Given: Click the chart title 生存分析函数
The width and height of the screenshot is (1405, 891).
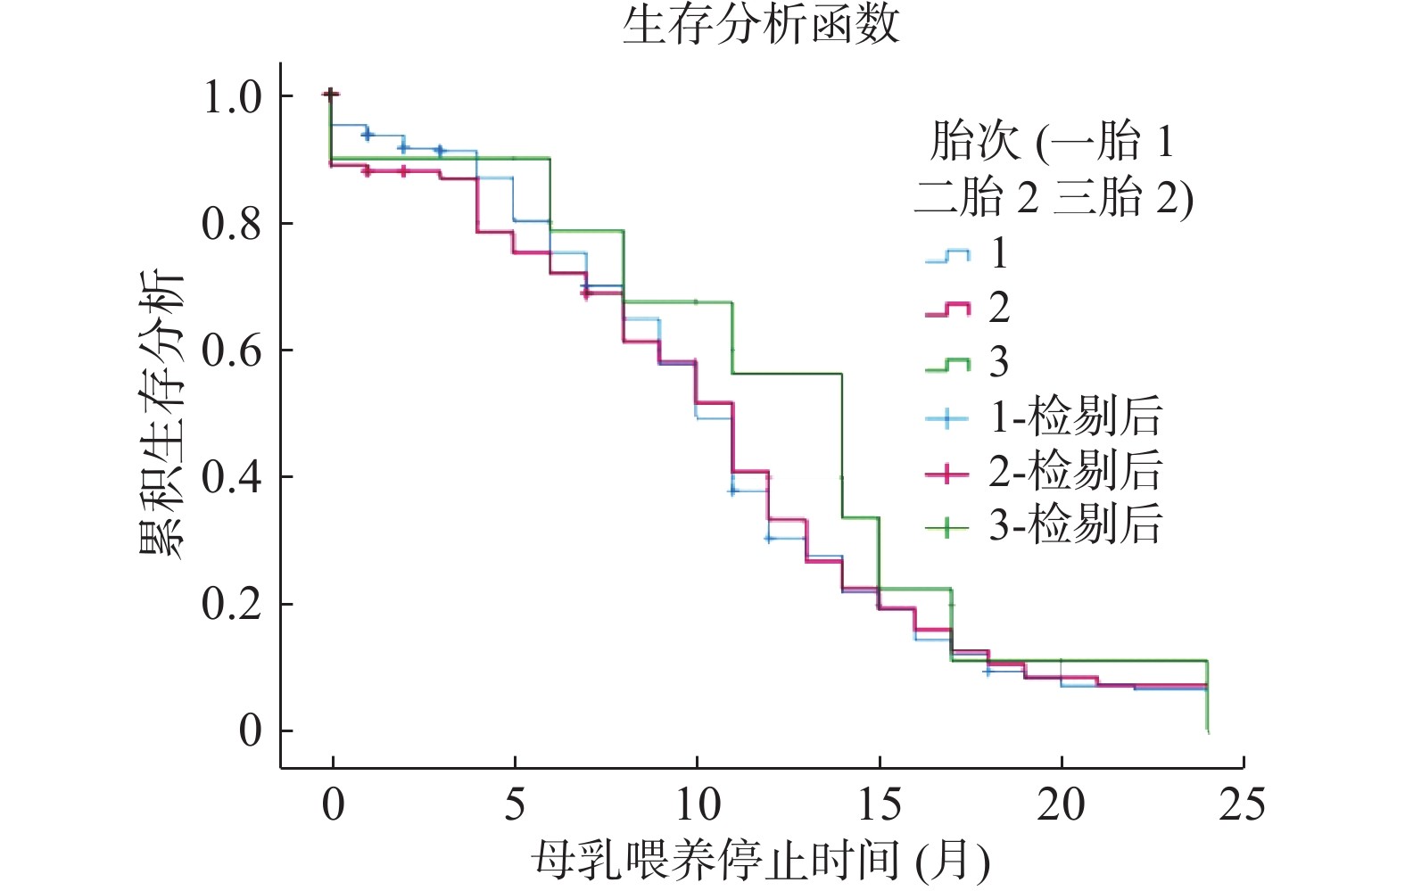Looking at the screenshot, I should click(760, 24).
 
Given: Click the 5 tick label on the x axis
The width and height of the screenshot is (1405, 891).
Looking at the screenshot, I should click(515, 804).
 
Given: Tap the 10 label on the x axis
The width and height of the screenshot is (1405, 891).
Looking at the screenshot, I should click(697, 804).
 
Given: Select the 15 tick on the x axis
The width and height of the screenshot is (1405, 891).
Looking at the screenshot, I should click(879, 804).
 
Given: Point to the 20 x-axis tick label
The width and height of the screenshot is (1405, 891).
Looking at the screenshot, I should click(1061, 804).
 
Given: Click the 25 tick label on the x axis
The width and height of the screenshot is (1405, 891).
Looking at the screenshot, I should click(1242, 804).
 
